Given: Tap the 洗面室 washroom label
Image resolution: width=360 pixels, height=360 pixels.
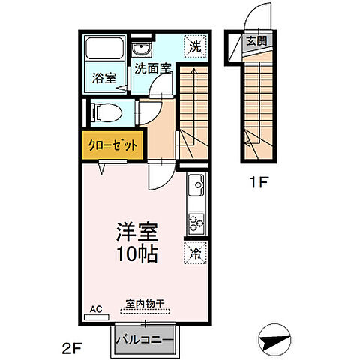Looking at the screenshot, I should (153, 67).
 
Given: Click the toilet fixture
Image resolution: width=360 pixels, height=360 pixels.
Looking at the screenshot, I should (103, 112).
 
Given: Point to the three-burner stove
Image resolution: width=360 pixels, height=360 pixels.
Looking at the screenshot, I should (196, 222).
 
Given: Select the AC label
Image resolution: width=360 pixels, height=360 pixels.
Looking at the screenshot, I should (95, 308).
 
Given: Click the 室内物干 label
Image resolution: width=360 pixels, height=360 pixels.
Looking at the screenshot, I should (145, 303).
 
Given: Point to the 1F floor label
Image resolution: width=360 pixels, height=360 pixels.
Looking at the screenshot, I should (258, 181).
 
